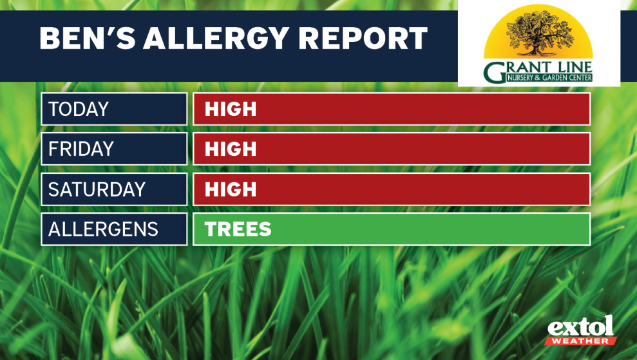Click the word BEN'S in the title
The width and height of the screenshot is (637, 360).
click(88, 38)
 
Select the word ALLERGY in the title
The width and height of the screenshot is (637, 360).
click(216, 38)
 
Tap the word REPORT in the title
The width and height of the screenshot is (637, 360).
click(363, 38)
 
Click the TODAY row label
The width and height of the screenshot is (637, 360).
click(79, 109)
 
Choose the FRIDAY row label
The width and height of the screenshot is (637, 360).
click(81, 149)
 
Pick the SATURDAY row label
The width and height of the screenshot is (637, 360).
click(97, 189)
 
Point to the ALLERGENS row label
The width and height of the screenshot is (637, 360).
click(103, 229)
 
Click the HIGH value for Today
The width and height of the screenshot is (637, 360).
click(231, 109)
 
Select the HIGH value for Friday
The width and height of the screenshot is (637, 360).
click(231, 149)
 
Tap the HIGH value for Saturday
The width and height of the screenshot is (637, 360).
click(231, 189)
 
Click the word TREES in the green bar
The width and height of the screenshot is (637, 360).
click(238, 229)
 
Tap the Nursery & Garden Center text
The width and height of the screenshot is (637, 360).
click(549, 78)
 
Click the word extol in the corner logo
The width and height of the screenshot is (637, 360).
click(580, 326)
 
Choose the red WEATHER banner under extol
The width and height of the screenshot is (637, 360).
click(580, 341)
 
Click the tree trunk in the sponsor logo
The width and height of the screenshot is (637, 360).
click(537, 47)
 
